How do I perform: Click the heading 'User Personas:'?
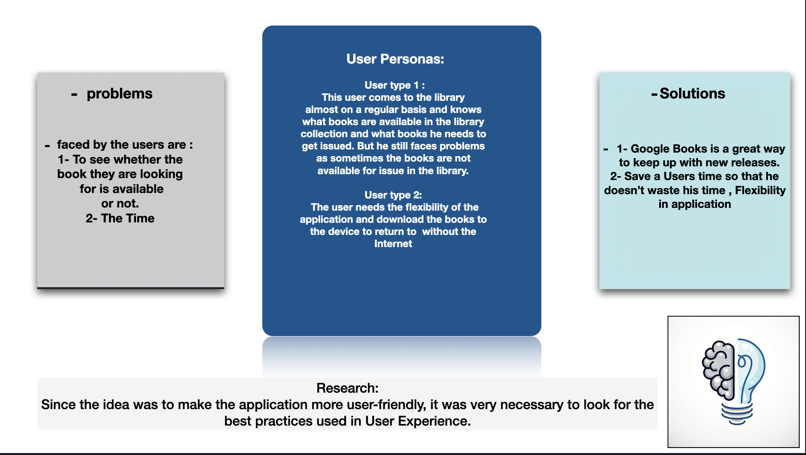coord(395,59)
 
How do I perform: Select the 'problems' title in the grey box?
coord(119,94)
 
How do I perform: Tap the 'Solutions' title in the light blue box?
coord(692,93)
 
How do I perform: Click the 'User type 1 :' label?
coord(394,85)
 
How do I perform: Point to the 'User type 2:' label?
coord(393,195)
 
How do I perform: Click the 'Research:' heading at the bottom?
coord(347,388)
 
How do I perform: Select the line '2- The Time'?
coord(120,218)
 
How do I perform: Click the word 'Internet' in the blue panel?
coord(393,244)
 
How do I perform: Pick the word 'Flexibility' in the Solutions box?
coord(760,190)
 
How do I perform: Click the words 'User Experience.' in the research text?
coord(418,421)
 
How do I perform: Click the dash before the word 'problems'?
coord(74,95)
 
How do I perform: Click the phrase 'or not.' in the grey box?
coord(120,204)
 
